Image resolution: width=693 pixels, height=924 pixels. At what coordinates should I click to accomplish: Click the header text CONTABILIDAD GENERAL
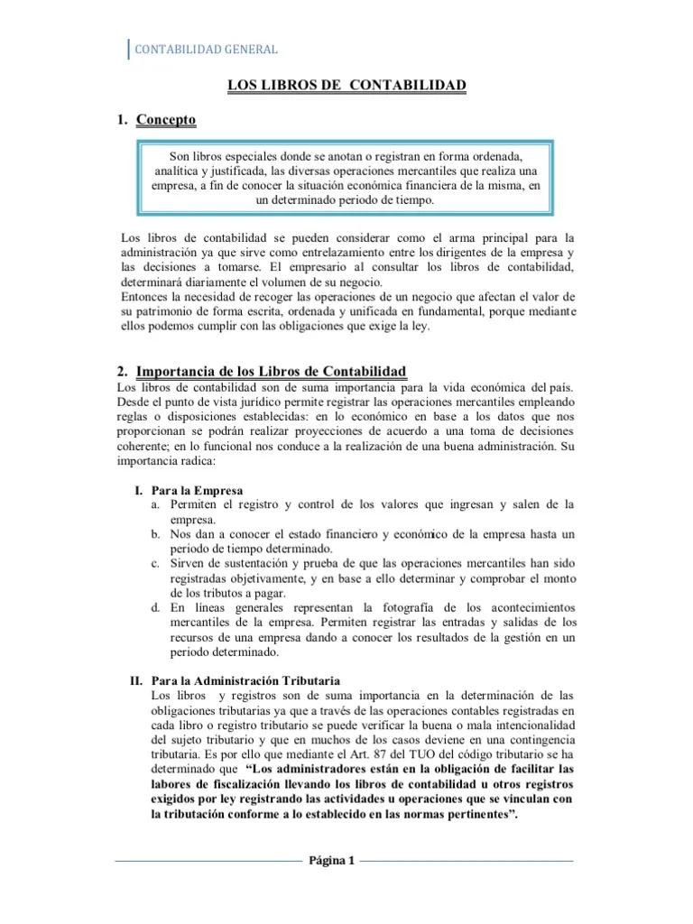(x=206, y=50)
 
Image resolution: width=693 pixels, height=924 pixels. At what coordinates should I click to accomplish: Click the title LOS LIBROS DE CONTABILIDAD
(x=346, y=86)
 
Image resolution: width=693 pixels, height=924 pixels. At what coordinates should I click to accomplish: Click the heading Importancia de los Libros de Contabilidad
(x=271, y=372)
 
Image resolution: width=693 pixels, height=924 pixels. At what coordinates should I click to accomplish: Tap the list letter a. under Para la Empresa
(x=156, y=504)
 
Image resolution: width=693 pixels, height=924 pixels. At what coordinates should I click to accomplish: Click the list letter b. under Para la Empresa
(x=156, y=534)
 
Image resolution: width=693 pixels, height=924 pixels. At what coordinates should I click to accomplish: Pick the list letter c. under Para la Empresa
(x=156, y=564)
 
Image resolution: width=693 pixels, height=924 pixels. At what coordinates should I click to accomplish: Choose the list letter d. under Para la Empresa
(x=156, y=608)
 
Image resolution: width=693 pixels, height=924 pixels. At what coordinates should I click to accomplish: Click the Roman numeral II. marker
(x=138, y=680)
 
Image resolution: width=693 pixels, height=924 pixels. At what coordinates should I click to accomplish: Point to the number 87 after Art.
(x=390, y=753)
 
